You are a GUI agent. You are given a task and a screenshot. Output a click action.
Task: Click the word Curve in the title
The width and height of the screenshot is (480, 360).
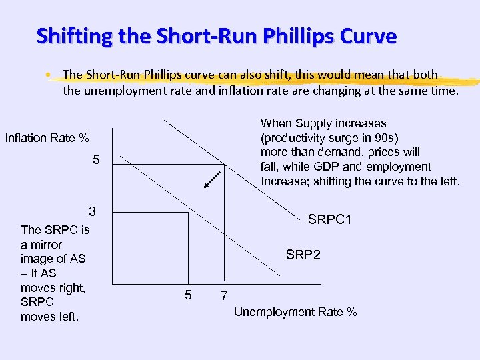point(369,35)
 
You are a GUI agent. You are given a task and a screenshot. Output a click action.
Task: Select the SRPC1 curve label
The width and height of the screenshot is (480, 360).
point(329,220)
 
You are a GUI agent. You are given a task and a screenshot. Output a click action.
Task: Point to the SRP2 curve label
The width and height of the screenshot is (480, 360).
point(303,254)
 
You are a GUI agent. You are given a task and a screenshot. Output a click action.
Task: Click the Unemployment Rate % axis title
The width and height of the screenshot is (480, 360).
point(295,312)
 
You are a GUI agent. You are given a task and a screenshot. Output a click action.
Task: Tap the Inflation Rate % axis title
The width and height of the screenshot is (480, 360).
point(47,138)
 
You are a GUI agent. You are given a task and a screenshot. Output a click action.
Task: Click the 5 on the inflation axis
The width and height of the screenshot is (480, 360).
point(96,161)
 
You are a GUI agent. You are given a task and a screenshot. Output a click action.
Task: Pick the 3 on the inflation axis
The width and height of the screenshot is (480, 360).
point(93,212)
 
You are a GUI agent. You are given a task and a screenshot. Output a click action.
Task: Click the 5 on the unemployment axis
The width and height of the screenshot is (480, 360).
point(188,295)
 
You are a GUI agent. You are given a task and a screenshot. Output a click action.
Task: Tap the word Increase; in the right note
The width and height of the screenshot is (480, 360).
point(287,181)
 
